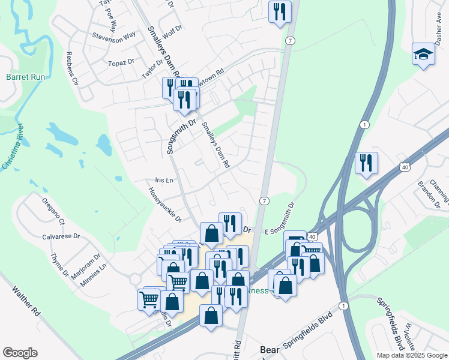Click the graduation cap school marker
pos(423,55)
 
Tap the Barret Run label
pos(25,77)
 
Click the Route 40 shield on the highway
pos(405,166)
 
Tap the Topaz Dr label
pos(121,62)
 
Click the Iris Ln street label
pos(164,180)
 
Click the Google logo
pos(20,353)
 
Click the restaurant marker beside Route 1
pos(366,163)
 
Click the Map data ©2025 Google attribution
pos(411,355)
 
